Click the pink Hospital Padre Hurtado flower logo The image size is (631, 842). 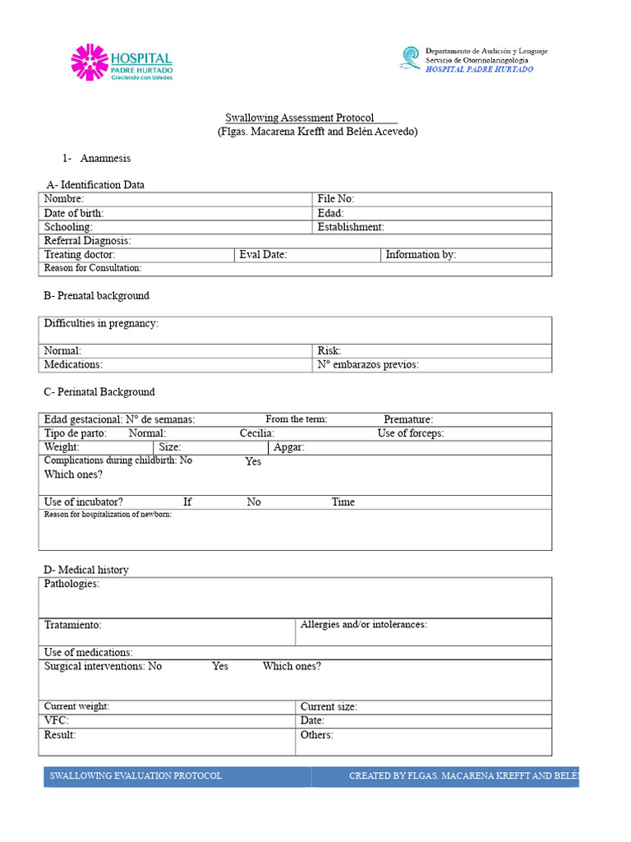click(90, 62)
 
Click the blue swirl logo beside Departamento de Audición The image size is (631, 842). click(409, 58)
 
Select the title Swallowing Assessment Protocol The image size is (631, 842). click(300, 118)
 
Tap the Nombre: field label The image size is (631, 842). click(64, 199)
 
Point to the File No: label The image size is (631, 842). click(336, 199)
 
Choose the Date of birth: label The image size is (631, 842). click(74, 213)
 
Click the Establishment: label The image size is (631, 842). click(351, 227)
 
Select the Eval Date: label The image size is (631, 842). click(263, 255)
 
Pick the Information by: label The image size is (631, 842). click(421, 255)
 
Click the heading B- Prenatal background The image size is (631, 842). click(96, 296)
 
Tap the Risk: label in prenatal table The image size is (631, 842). click(329, 351)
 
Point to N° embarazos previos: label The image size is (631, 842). click(368, 365)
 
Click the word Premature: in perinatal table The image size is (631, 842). click(408, 419)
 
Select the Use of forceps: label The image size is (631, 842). click(411, 433)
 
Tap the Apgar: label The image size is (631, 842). click(289, 447)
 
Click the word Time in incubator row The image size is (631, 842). click(343, 502)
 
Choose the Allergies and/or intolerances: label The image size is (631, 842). click(364, 625)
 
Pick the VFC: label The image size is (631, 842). click(57, 720)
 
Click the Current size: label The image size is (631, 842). click(329, 706)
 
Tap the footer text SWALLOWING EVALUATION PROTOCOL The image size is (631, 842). click(136, 776)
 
